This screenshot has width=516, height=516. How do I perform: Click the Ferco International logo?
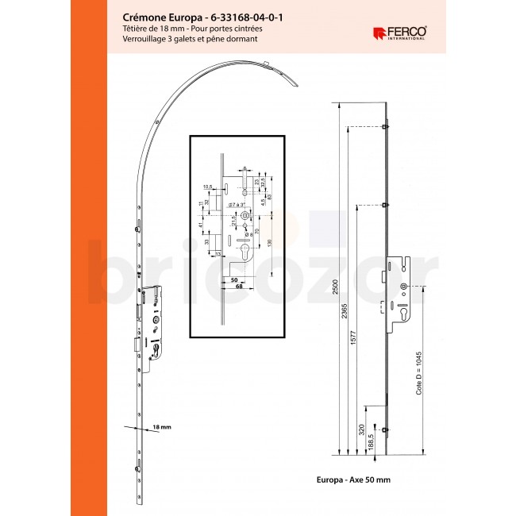click(x=399, y=33)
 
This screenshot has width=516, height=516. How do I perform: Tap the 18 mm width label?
click(x=161, y=427)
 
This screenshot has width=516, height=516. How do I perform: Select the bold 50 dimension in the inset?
click(x=234, y=279)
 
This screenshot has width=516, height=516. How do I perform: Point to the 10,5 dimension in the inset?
click(x=207, y=187)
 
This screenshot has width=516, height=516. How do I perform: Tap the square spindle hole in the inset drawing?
click(x=250, y=218)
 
